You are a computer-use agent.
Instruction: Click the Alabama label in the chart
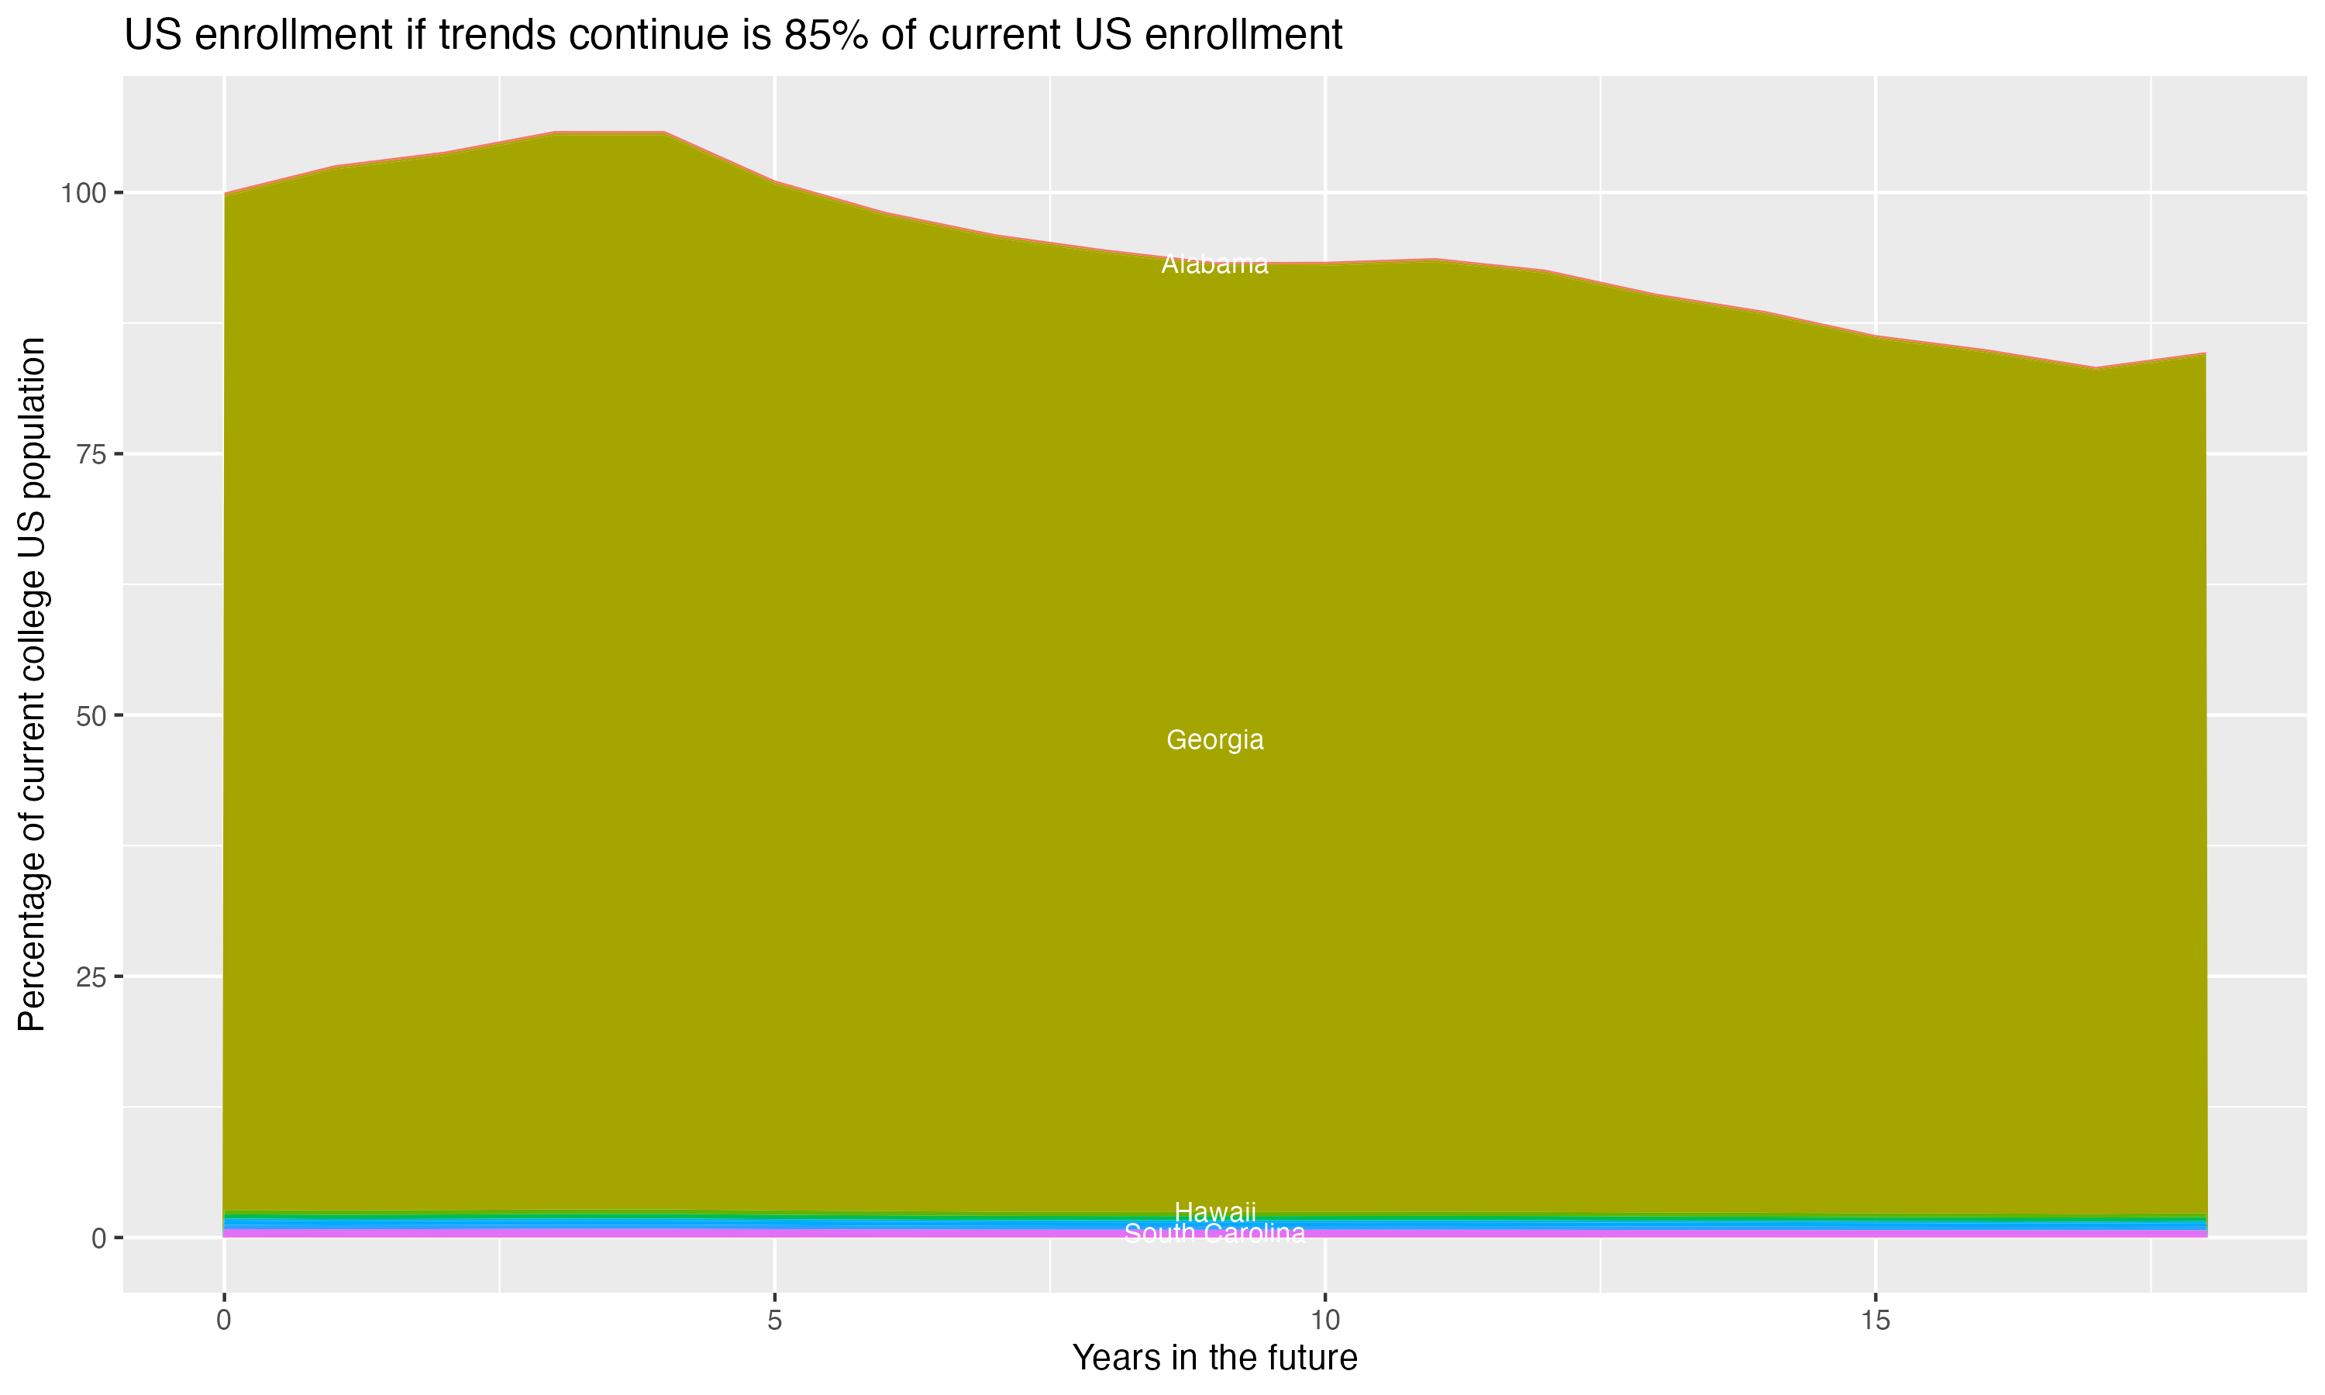1214,265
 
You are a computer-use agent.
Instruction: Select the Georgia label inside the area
1214,740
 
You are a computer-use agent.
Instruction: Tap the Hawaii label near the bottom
1214,1211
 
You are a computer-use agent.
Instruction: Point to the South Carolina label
1214,1233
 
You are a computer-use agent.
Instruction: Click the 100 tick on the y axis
80,194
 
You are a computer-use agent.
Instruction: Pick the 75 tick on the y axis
88,455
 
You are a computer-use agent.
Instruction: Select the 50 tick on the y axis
88,716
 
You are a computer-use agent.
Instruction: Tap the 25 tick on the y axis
88,976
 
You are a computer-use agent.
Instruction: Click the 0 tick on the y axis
98,1238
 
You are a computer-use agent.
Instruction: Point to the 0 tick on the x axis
224,1321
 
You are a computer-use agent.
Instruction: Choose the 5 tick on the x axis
774,1321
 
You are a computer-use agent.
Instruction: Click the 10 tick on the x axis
1324,1321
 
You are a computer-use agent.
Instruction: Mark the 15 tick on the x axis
1875,1321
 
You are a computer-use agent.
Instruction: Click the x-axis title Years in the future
1214,1357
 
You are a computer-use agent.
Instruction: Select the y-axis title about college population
32,684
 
